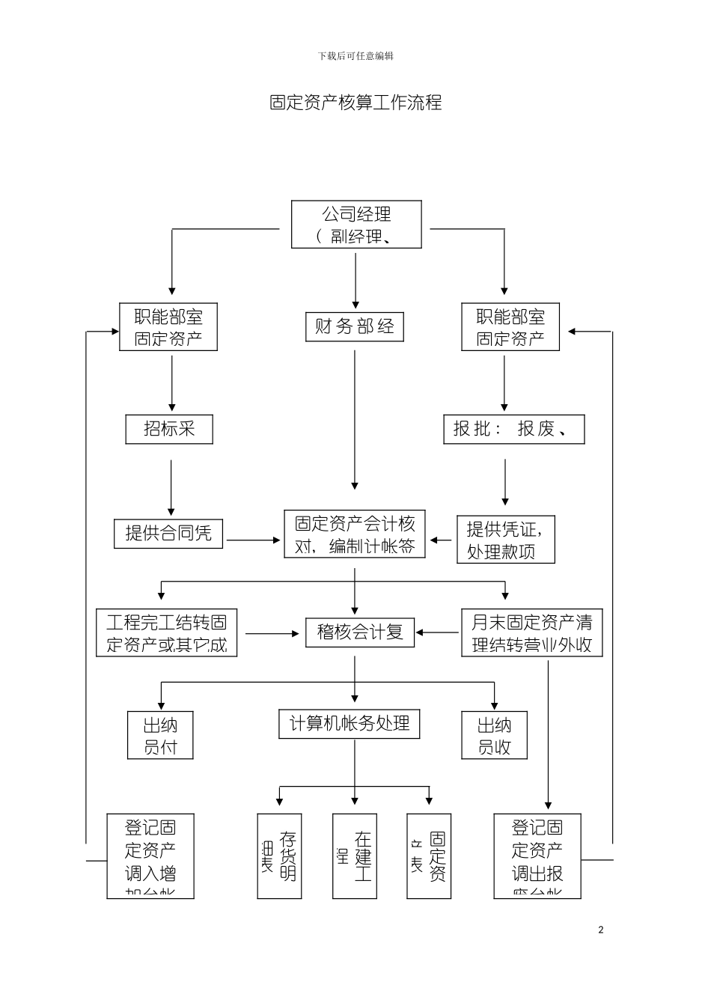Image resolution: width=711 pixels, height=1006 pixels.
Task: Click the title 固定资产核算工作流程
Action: click(355, 103)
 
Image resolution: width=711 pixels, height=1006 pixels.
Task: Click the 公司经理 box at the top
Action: click(356, 225)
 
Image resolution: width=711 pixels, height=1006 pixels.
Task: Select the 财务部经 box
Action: click(355, 327)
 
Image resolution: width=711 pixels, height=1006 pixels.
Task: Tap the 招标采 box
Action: click(169, 429)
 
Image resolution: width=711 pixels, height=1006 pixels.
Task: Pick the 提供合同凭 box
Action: click(168, 534)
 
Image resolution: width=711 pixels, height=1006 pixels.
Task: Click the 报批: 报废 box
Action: click(513, 429)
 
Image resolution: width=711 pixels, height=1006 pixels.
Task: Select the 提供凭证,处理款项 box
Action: click(506, 540)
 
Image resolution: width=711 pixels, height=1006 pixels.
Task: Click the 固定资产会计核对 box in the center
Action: click(355, 534)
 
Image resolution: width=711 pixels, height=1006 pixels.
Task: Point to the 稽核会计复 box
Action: click(360, 632)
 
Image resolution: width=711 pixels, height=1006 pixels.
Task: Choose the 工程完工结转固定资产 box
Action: click(166, 633)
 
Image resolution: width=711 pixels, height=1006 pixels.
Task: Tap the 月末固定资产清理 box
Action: click(531, 633)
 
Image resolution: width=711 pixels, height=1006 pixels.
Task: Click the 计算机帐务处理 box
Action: click(350, 724)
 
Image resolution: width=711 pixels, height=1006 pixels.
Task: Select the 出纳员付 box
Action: click(160, 735)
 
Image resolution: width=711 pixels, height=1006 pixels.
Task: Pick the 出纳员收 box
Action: click(495, 735)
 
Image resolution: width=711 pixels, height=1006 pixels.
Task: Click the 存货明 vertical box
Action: click(279, 856)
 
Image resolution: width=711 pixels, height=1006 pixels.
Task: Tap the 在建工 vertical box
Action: click(355, 856)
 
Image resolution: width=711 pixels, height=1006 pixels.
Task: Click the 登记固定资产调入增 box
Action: click(150, 856)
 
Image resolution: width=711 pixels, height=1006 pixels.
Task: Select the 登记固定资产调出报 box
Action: click(537, 856)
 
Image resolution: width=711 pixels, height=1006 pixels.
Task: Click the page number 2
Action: click(601, 930)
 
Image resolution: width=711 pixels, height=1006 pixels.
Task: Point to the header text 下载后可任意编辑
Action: click(355, 56)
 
